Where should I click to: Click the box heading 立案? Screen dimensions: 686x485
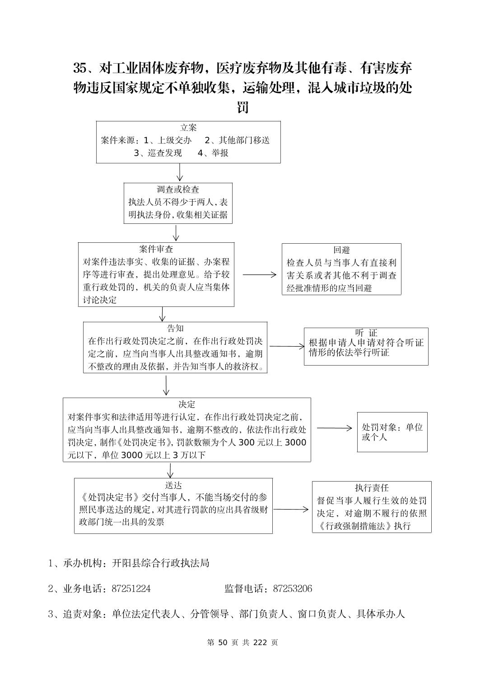click(x=188, y=128)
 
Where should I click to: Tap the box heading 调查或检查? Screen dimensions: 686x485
click(x=178, y=190)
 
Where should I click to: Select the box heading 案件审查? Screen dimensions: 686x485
click(x=156, y=249)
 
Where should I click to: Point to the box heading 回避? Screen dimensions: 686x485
click(x=341, y=250)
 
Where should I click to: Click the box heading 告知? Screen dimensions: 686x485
click(x=175, y=328)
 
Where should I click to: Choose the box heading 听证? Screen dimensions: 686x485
click(x=366, y=333)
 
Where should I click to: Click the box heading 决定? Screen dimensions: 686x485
click(x=187, y=404)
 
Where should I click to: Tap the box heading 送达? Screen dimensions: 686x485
click(x=173, y=485)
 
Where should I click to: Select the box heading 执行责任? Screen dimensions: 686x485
click(x=372, y=488)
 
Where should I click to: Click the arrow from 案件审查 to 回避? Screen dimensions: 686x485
click(x=259, y=274)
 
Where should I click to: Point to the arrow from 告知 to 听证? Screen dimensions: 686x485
click(x=287, y=346)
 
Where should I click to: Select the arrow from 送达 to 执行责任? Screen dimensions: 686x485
click(x=291, y=509)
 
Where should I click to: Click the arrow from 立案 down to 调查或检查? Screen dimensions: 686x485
click(x=180, y=172)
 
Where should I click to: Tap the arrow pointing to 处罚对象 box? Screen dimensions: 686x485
click(x=334, y=428)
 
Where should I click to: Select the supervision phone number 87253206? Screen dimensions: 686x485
click(x=292, y=589)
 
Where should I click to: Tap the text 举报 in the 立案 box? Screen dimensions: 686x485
click(x=220, y=153)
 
